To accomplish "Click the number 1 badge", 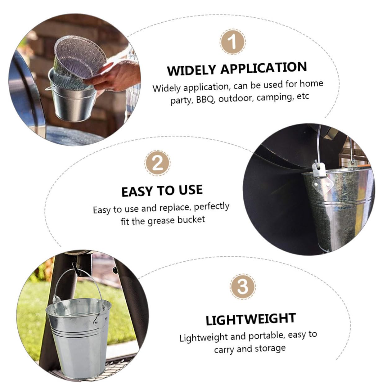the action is [232, 42].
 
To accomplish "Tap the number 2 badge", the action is [157, 163].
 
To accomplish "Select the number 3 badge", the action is [243, 286].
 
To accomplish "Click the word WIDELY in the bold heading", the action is [191, 70].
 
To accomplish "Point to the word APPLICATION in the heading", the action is [264, 68].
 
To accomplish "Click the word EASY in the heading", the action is [137, 191].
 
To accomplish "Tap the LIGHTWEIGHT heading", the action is [251, 319].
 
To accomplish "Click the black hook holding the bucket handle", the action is [76, 268].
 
